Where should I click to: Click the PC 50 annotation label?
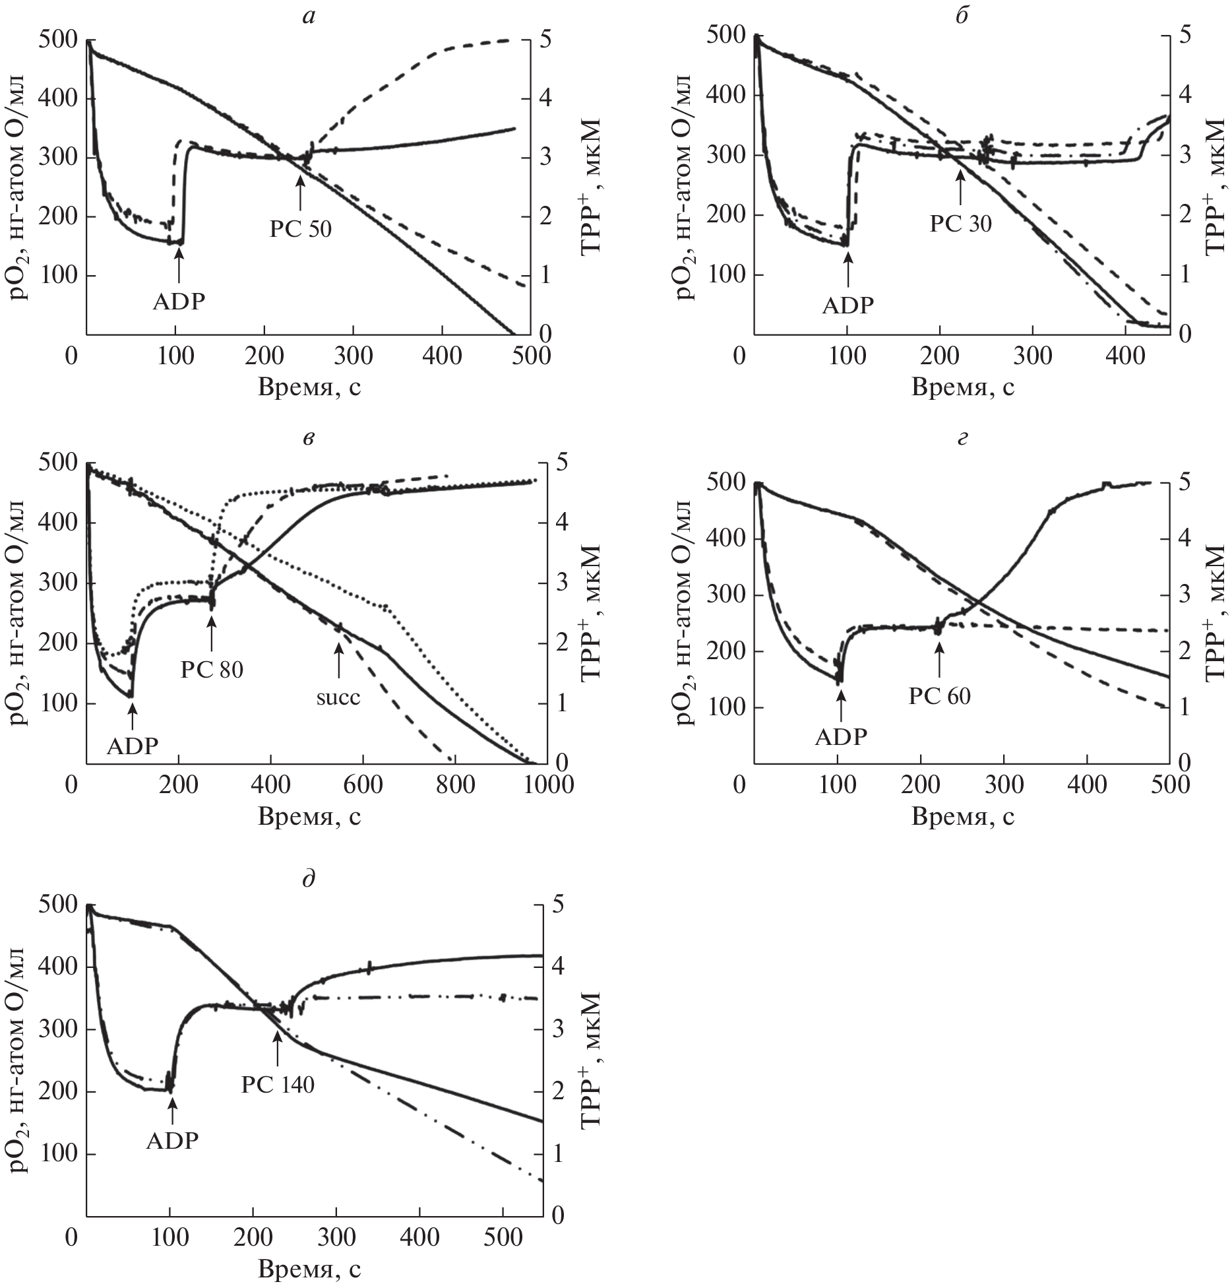tap(300, 229)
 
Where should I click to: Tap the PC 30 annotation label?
tap(960, 224)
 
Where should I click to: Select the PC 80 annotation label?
tap(212, 670)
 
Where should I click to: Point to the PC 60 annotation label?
tap(939, 696)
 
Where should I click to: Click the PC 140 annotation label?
tap(277, 1085)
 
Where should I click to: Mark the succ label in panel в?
tap(338, 697)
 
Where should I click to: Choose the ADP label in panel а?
tap(179, 302)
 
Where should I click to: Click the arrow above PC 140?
tap(278, 1050)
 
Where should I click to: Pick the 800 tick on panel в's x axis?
tap(452, 785)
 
